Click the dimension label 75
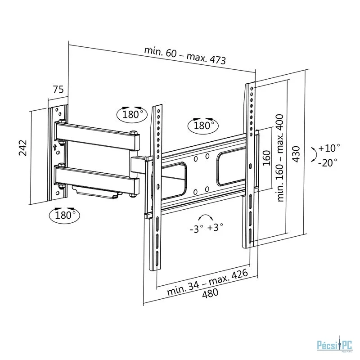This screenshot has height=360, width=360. coord(58,89)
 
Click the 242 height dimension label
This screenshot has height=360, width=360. coord(23,148)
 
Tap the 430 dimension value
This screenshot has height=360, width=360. coord(296,154)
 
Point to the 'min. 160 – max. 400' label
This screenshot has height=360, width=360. coord(280,158)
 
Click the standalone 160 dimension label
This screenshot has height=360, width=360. coord(266,158)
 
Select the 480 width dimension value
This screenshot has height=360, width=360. coord(210,293)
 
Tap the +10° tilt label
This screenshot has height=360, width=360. coord(329,148)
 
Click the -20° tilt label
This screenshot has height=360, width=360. coord(328,163)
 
